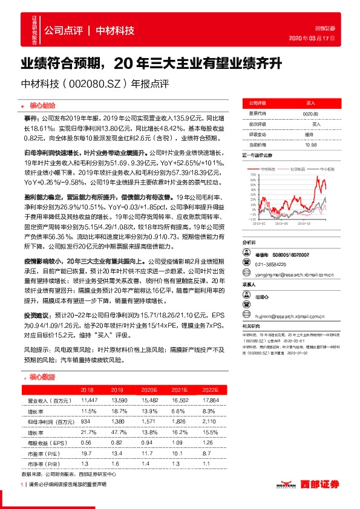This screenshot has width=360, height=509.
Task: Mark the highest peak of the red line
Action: click(x=319, y=179)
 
